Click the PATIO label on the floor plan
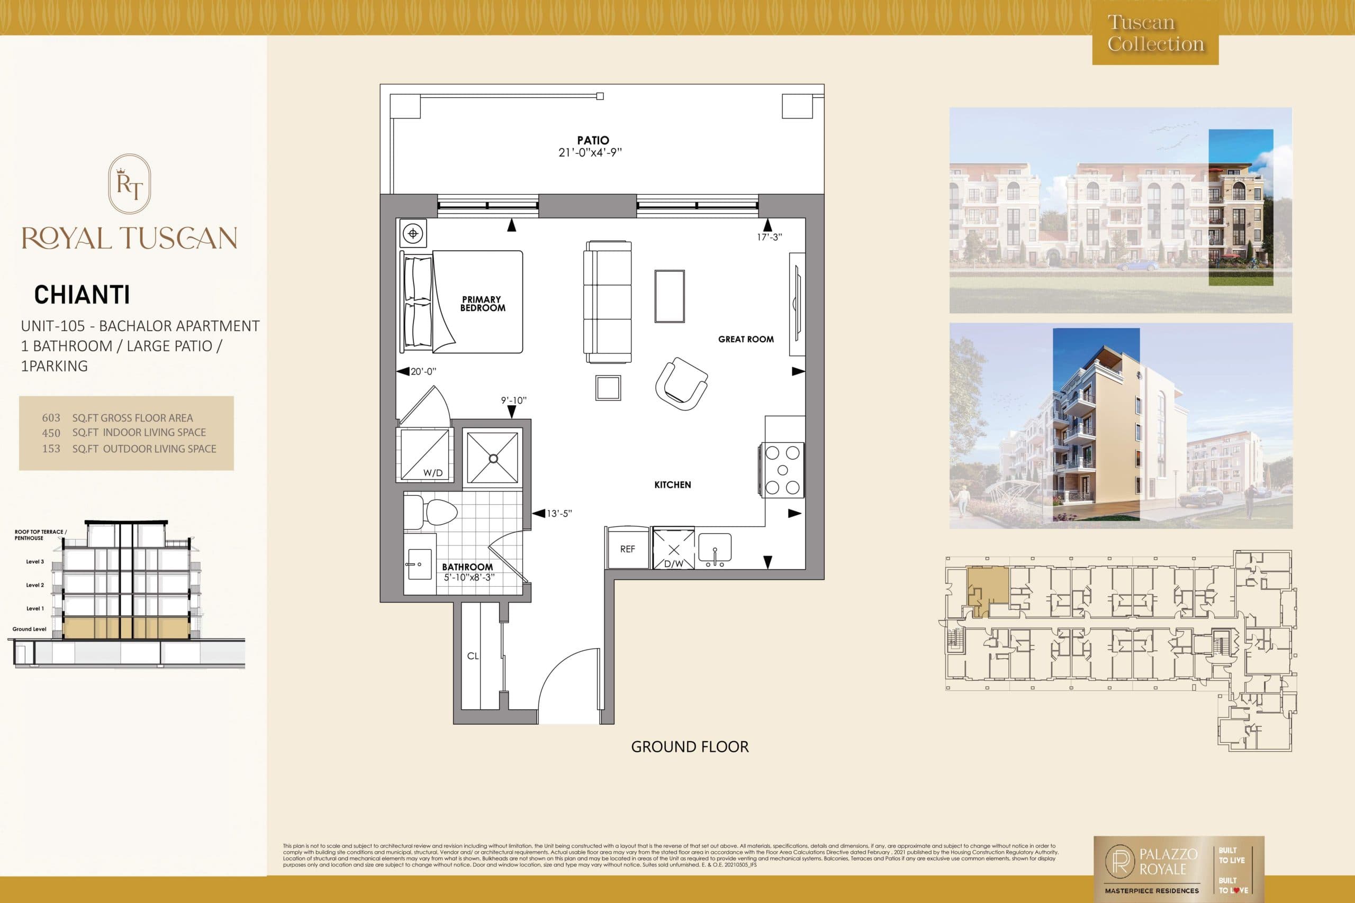coord(593,140)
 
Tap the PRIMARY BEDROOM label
coord(482,304)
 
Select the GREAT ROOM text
coord(745,339)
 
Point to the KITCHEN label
coord(672,485)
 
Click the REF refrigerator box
coord(627,549)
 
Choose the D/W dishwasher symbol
coord(673,554)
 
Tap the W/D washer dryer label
coord(432,473)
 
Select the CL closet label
coord(473,656)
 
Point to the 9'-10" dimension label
coord(514,400)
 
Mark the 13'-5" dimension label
coord(559,513)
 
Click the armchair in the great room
coord(682,383)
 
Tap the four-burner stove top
coord(782,470)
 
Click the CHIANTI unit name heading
coord(82,295)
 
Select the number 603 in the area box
coord(51,418)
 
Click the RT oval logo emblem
coord(130,184)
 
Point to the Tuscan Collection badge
coord(1155,33)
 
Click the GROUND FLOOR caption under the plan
coord(690,747)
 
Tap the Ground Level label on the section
coord(30,629)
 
